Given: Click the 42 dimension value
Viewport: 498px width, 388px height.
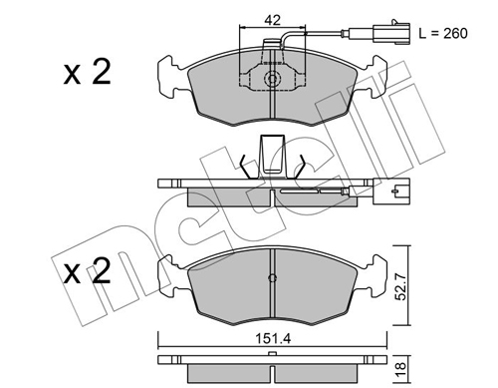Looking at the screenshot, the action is pos(272,20).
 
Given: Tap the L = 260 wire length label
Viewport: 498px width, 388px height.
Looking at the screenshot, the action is pos(443,33).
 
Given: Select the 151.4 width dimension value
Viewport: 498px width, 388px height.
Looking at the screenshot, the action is pos(273,339).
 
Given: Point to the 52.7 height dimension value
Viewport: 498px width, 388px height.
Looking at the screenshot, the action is pos(401,285).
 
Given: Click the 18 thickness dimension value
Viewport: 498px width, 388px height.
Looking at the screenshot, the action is pos(401,367).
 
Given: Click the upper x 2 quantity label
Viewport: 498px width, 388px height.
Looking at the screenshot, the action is pos(87,72).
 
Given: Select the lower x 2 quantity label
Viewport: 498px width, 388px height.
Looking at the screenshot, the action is pos(87,271).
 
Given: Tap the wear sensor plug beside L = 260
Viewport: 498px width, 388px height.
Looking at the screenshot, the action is pos(391,33).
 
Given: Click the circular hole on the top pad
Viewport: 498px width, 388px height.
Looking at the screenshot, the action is pos(272,79).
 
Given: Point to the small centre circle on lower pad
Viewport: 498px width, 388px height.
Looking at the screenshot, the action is pos(272,278).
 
